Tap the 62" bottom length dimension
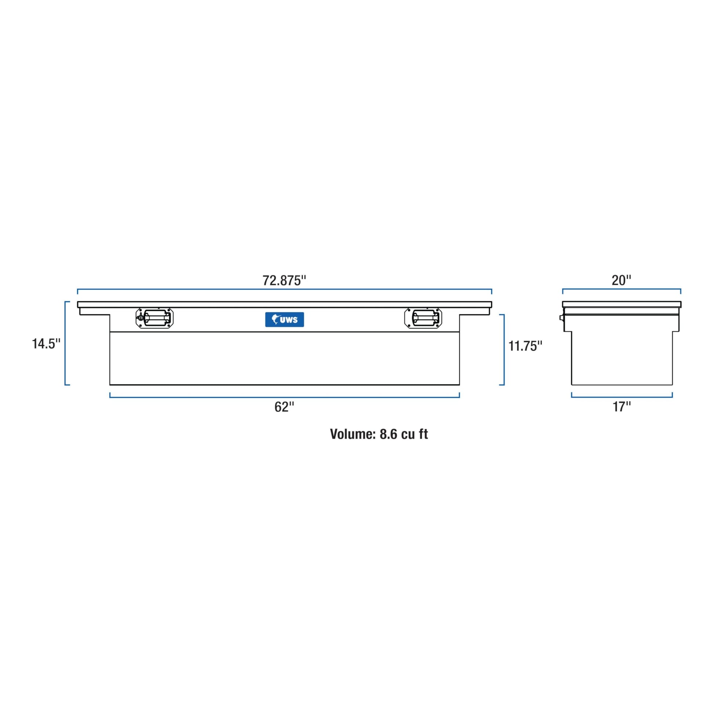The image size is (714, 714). click(x=284, y=407)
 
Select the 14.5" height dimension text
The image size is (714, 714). click(x=46, y=344)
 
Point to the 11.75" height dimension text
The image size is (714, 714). click(x=525, y=346)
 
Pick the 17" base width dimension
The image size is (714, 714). click(x=622, y=407)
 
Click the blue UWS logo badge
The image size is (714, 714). click(x=285, y=320)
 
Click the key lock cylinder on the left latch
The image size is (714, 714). click(x=140, y=317)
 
